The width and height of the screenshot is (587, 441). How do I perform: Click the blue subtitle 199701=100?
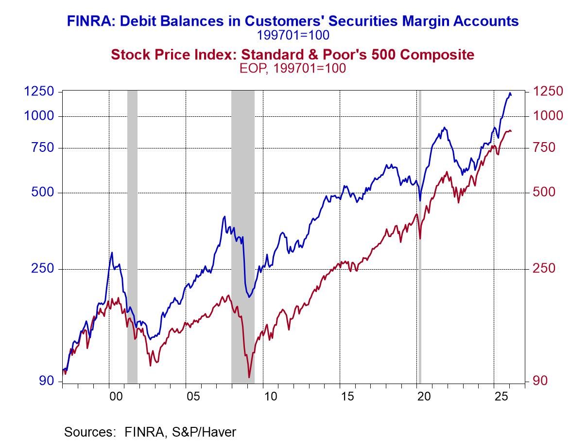(x=293, y=35)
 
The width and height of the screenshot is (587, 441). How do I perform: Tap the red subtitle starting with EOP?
(x=293, y=68)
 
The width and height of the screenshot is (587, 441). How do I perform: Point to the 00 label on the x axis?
(x=116, y=396)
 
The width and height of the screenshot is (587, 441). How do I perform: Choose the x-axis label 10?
(x=270, y=396)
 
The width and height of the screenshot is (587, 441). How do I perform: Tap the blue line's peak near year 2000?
(x=112, y=253)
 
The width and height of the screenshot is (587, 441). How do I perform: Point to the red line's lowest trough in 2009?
(x=249, y=377)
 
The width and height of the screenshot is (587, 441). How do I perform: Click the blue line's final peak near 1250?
(x=510, y=93)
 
